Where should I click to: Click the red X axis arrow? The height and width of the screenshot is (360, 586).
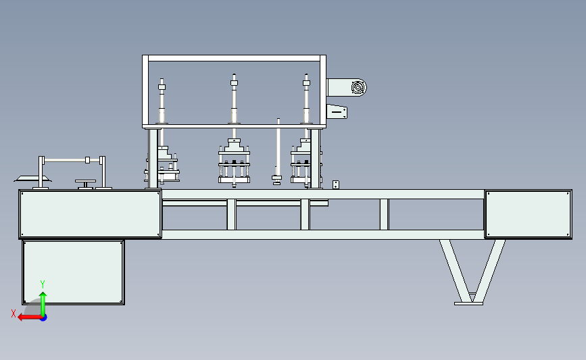[30, 317]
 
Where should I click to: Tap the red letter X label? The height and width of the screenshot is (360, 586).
[14, 313]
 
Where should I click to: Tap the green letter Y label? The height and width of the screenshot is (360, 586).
[43, 284]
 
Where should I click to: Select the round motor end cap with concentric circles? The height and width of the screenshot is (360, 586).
[358, 88]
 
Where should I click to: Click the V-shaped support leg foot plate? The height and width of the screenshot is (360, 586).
[468, 304]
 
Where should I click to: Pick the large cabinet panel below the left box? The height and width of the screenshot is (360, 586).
[73, 273]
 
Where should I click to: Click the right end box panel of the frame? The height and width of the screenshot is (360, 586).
[528, 214]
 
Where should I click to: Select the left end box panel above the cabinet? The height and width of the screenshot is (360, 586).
[90, 214]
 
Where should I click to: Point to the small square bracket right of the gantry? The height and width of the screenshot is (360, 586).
[336, 184]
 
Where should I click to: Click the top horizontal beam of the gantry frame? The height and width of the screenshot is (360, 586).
[235, 58]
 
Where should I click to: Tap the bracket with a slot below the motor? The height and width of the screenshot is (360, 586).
[337, 111]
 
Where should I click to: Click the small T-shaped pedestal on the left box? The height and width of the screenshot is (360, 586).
[86, 184]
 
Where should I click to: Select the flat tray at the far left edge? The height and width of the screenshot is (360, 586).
[32, 178]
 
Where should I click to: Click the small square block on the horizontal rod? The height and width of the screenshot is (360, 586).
[87, 160]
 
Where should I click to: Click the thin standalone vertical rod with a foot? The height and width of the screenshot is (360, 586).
[278, 151]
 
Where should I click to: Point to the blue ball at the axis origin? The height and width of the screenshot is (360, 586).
[44, 317]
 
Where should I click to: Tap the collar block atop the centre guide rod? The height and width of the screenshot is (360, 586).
[235, 83]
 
